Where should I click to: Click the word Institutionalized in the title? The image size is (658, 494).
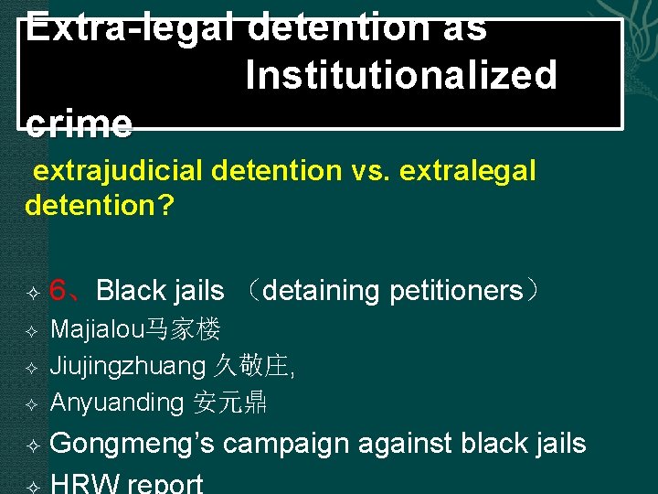400,75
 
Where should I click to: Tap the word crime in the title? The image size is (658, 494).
79,123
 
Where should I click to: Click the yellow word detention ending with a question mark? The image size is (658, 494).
99,204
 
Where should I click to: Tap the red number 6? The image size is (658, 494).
59,291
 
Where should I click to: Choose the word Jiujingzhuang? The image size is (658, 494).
128,366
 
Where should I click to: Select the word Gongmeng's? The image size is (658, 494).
133,444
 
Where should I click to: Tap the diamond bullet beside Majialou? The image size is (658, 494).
31,330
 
